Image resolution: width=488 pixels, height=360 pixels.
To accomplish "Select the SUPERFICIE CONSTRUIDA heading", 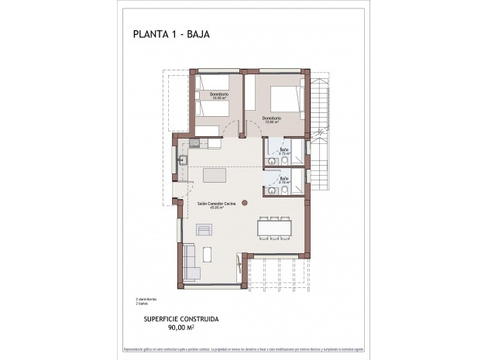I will click(181, 318).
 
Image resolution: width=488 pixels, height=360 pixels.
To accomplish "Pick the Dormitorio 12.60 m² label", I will click(271, 118).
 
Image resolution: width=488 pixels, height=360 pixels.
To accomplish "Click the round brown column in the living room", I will click(244, 202).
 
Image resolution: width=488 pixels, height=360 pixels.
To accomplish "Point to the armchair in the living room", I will click(204, 229).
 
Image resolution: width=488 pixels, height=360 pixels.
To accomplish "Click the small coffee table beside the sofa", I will click(207, 254).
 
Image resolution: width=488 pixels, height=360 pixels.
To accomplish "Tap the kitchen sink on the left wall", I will click(184, 161).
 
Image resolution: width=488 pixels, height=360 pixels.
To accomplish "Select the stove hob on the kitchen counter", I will click(194, 142).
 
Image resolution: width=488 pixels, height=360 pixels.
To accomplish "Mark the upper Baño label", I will click(284, 151).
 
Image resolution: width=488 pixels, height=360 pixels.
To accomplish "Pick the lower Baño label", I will click(284, 180).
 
